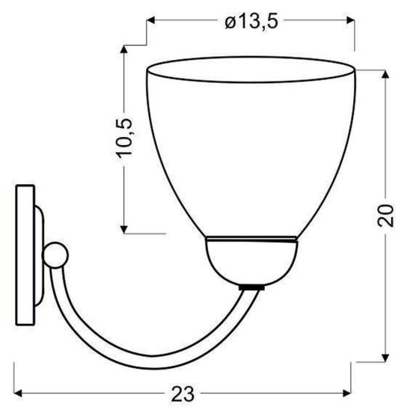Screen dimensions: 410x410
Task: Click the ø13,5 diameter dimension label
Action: [x=251, y=22]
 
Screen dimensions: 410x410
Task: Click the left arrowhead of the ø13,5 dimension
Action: [x=150, y=22]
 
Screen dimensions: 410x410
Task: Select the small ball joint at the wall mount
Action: [x=56, y=255]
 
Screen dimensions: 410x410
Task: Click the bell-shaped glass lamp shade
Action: [x=249, y=150]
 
